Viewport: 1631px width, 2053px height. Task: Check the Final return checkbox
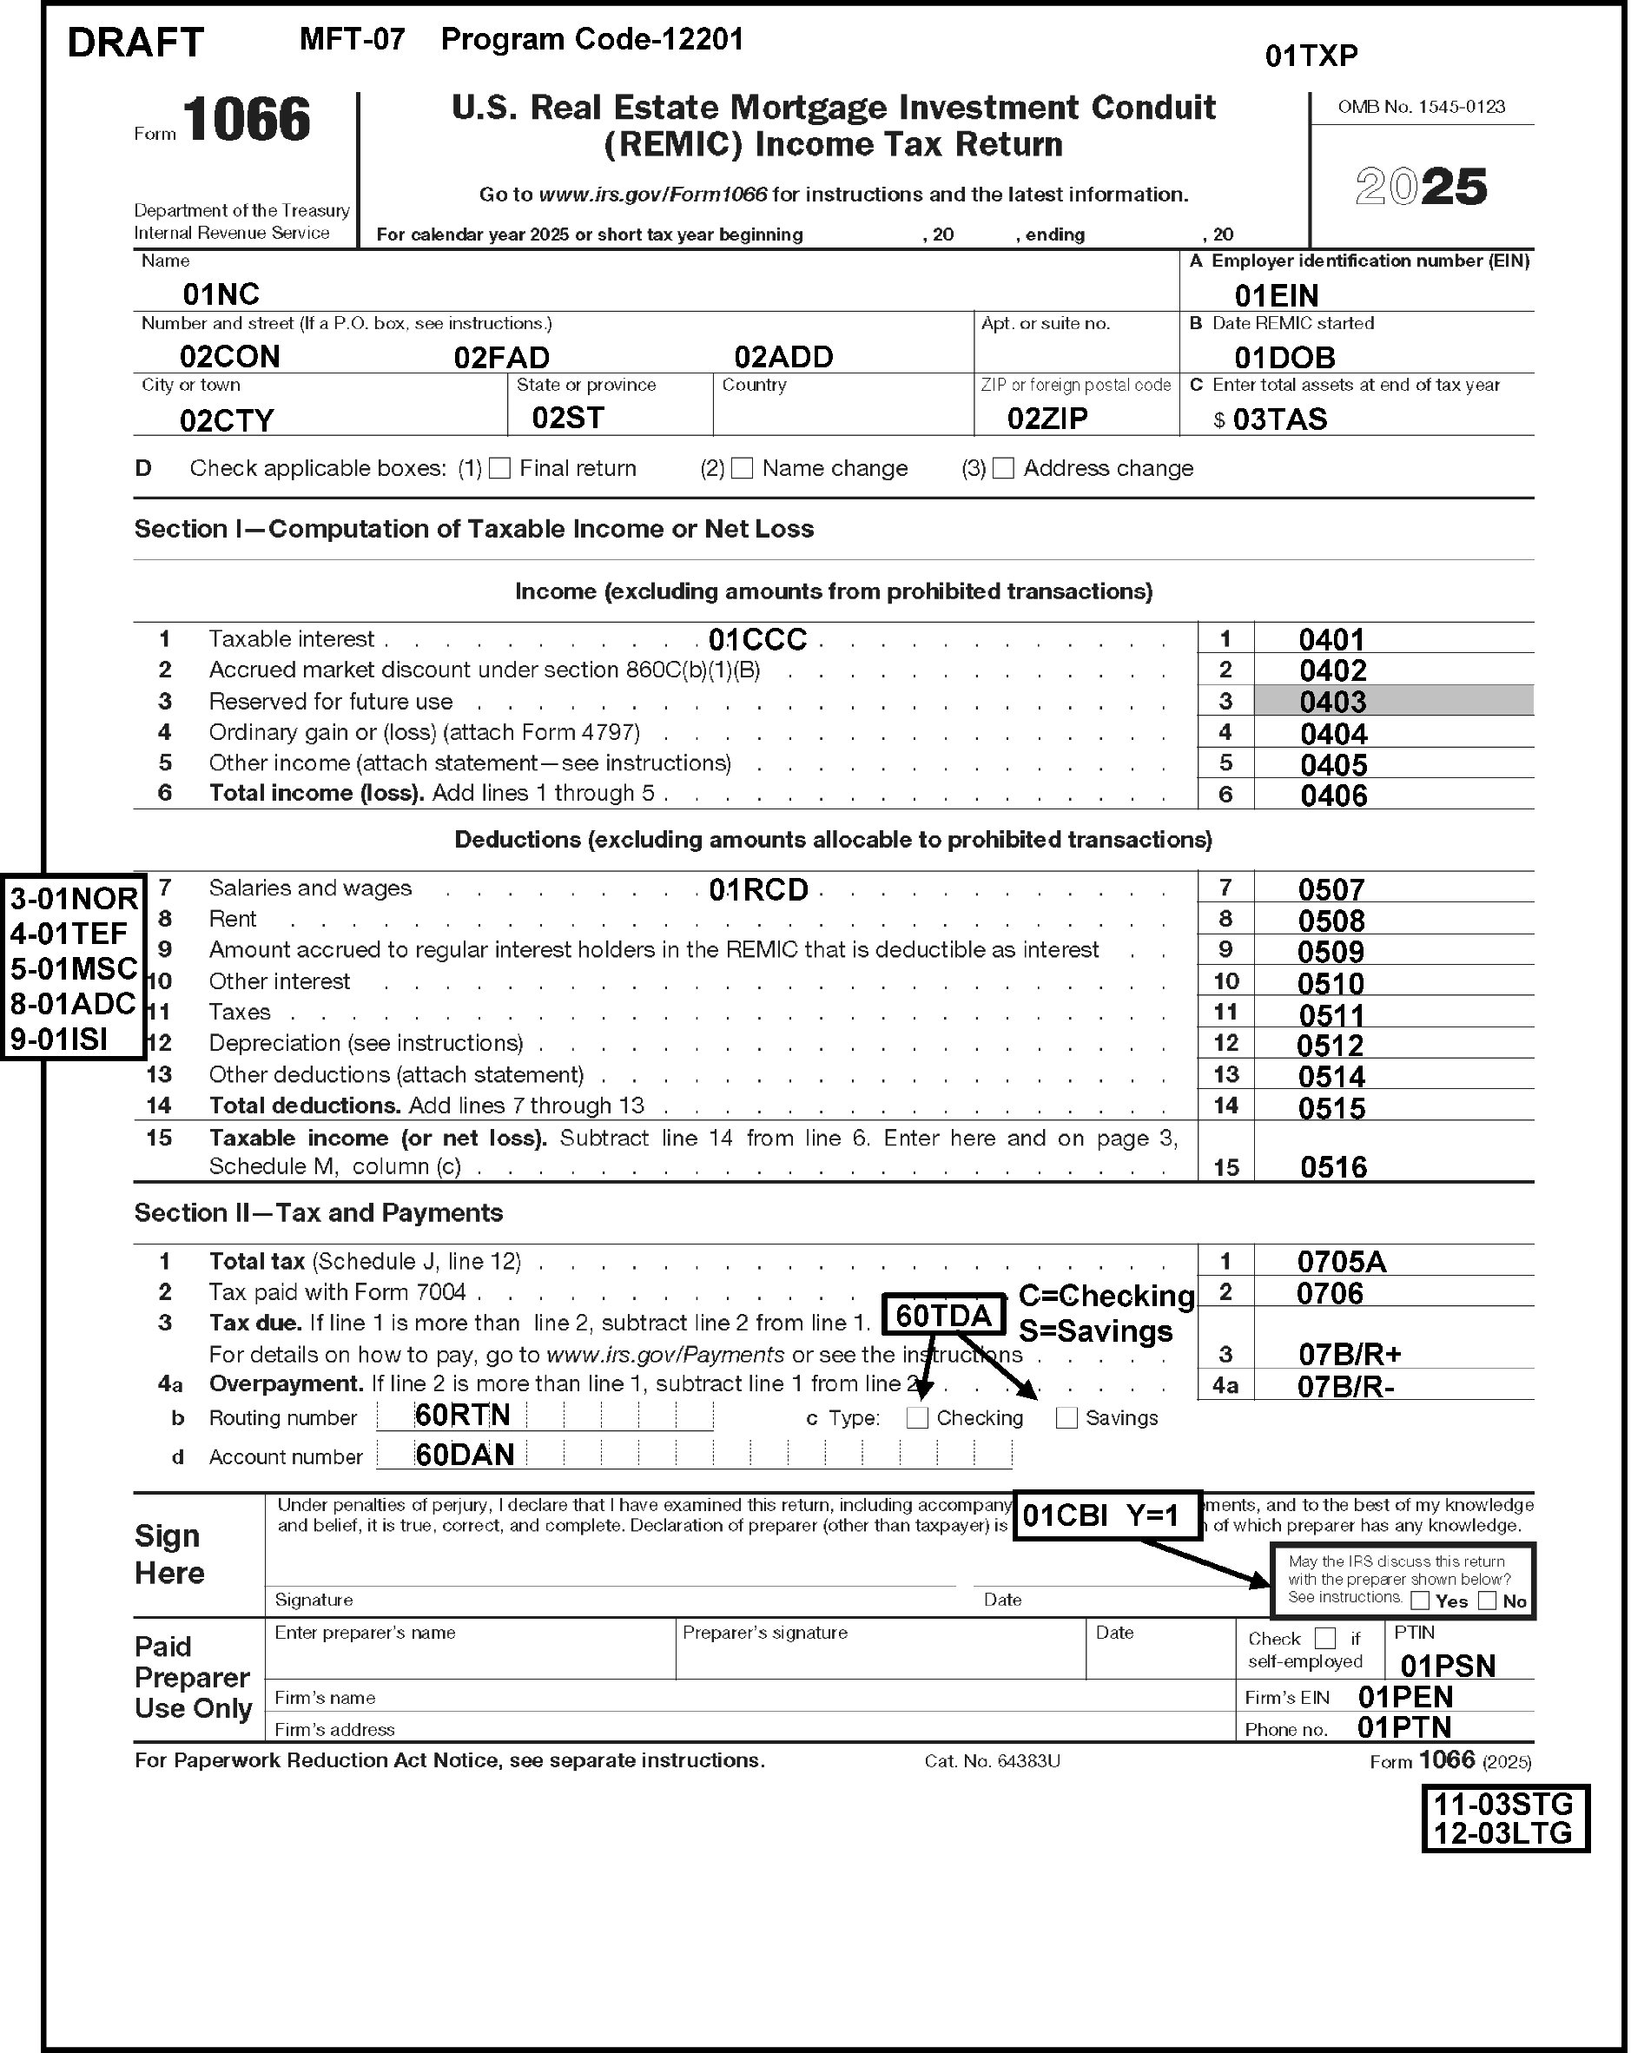(x=500, y=468)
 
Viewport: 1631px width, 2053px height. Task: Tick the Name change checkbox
(x=743, y=468)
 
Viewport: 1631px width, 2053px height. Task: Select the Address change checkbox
(x=1004, y=468)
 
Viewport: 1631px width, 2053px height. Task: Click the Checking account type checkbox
(x=917, y=1418)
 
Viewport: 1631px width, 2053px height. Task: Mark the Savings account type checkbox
(x=1066, y=1418)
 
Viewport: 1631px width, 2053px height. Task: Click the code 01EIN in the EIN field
(x=1276, y=295)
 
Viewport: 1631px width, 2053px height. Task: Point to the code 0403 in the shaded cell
(x=1333, y=702)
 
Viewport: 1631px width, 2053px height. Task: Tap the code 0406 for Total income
(x=1333, y=795)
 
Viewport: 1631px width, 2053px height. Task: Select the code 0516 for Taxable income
(x=1333, y=1167)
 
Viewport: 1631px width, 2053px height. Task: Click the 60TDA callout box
(x=943, y=1315)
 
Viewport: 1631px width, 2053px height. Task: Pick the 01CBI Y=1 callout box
(x=1106, y=1515)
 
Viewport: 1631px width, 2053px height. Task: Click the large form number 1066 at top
(x=247, y=120)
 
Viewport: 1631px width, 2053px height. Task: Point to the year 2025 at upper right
(x=1421, y=186)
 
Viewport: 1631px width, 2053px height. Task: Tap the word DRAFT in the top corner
(x=135, y=43)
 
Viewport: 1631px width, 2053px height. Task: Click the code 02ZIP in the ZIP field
(x=1047, y=419)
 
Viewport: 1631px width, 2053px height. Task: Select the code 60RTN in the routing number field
(x=463, y=1416)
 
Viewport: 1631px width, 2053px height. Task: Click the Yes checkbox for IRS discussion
(x=1420, y=1601)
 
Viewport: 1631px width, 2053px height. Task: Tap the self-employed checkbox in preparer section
(x=1324, y=1638)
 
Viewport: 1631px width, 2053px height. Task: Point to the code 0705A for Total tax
(x=1342, y=1262)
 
